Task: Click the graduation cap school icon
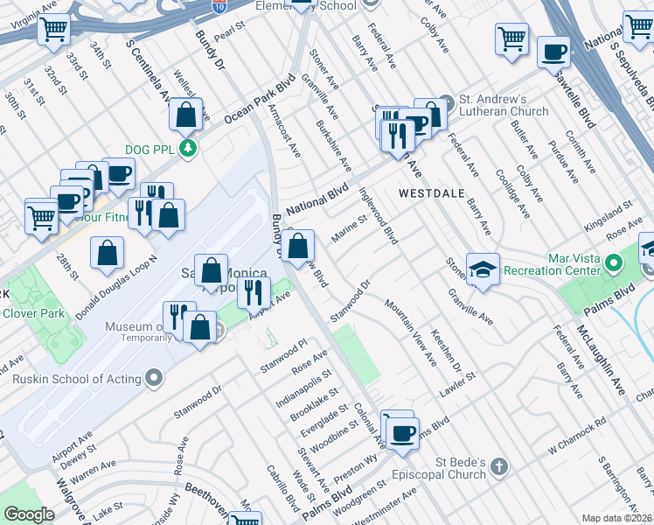pyautogui.click(x=483, y=269)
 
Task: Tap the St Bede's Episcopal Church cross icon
pyautogui.click(x=498, y=465)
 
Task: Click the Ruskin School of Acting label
pyautogui.click(x=74, y=379)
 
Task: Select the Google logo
pyautogui.click(x=29, y=514)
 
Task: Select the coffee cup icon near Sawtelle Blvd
pyautogui.click(x=553, y=52)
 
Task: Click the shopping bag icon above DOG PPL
pyautogui.click(x=186, y=114)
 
